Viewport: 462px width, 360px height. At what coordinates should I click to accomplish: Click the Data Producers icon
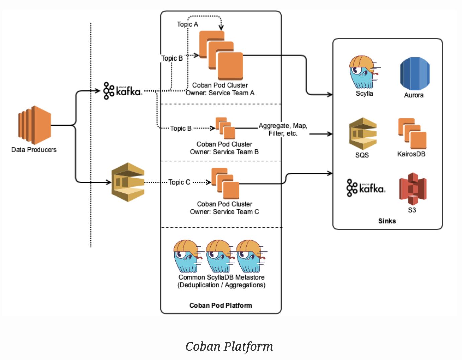[x=35, y=125]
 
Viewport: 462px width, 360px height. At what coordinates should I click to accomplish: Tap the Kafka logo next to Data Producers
[x=123, y=91]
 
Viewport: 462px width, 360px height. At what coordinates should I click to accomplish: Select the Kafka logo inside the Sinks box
[x=366, y=188]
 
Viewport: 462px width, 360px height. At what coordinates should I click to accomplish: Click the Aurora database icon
[x=415, y=74]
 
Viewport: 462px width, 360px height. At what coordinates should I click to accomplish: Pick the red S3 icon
[x=413, y=189]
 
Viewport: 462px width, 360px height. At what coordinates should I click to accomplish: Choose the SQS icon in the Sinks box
[x=363, y=134]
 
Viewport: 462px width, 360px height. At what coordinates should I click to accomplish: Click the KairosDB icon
[x=412, y=133]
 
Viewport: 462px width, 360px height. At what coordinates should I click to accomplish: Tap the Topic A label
[x=187, y=24]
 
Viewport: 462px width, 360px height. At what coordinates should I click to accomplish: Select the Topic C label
[x=179, y=182]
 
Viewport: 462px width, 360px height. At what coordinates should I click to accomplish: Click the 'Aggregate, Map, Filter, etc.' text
[x=283, y=129]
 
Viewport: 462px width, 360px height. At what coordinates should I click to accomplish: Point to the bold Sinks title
[x=387, y=221]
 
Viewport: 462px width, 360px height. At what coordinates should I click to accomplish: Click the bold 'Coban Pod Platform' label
[x=221, y=306]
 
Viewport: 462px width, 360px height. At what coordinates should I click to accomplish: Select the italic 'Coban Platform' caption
[x=229, y=346]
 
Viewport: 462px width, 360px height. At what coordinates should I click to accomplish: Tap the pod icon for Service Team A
[x=221, y=55]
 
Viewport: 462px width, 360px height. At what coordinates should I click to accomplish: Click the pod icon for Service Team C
[x=225, y=184]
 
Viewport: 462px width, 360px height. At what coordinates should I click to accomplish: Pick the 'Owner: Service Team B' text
[x=224, y=152]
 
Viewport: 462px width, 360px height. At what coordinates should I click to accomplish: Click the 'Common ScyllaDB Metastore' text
[x=221, y=277]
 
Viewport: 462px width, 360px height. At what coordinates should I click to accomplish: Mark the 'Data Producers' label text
[x=34, y=150]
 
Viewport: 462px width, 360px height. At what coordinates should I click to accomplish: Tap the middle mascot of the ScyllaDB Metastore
[x=220, y=256]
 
